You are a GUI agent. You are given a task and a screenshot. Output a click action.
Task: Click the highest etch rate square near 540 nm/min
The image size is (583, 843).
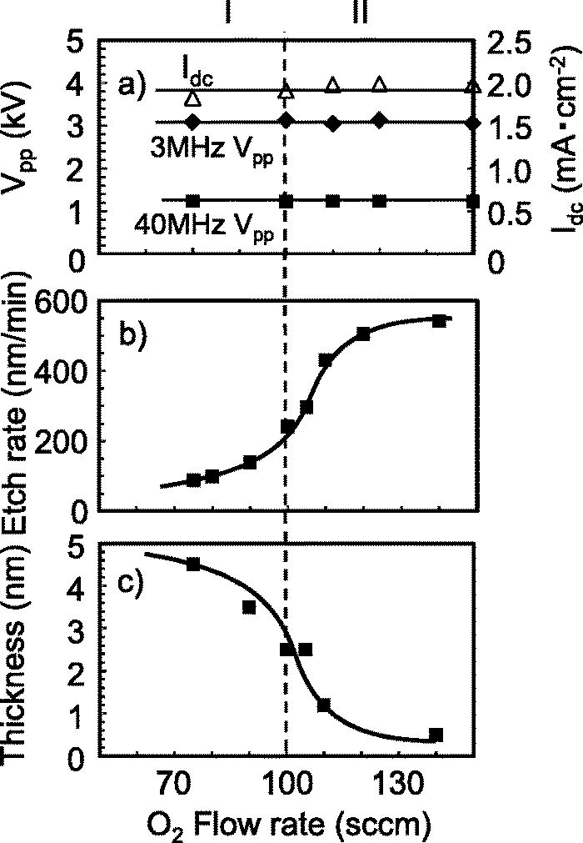(439, 320)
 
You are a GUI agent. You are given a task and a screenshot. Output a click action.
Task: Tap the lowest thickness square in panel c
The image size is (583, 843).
(436, 735)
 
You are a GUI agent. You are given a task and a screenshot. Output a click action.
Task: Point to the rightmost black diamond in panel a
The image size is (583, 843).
(473, 123)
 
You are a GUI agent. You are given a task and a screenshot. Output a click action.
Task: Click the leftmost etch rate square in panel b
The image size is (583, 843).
(193, 479)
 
